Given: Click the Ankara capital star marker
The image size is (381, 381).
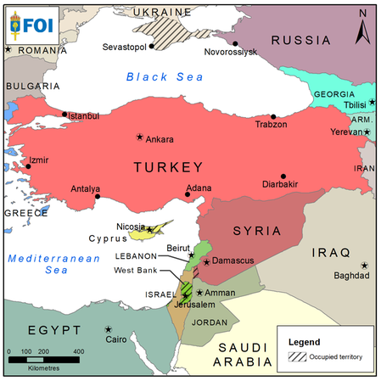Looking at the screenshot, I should coord(140,137).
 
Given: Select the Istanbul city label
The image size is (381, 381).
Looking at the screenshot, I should coord(83,116).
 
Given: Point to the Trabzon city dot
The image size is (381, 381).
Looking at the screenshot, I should coord(272,117).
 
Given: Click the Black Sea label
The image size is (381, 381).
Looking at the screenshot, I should coord(165,77).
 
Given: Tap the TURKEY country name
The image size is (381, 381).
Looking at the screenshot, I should coord(168,167).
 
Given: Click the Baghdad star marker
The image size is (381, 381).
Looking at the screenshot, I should coord(364,265).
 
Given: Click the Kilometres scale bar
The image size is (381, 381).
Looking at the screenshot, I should coord(43,359).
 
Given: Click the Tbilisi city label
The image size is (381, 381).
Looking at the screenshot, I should coord(356,104).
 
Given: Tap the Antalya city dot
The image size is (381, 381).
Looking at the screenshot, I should coord(98,197).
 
